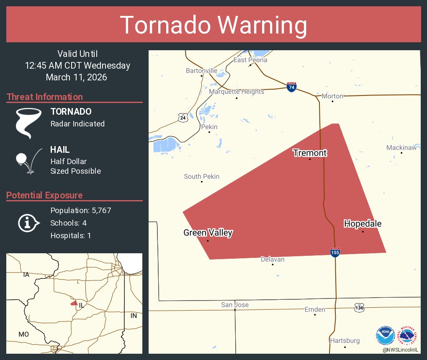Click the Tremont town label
[310, 153]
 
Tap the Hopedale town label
[363, 224]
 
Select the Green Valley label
[208, 233]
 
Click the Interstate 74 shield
[292, 87]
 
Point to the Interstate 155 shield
[335, 252]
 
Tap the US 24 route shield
[183, 118]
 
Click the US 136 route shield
[359, 307]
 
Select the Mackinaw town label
[401, 148]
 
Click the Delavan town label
[273, 259]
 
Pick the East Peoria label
[250, 60]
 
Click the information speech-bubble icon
[28, 223]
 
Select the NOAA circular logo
[385, 336]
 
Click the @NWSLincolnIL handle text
[401, 349]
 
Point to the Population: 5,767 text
[81, 210]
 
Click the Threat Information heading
[45, 97]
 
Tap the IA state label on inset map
[26, 275]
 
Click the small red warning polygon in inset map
[74, 303]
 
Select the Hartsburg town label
[345, 340]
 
